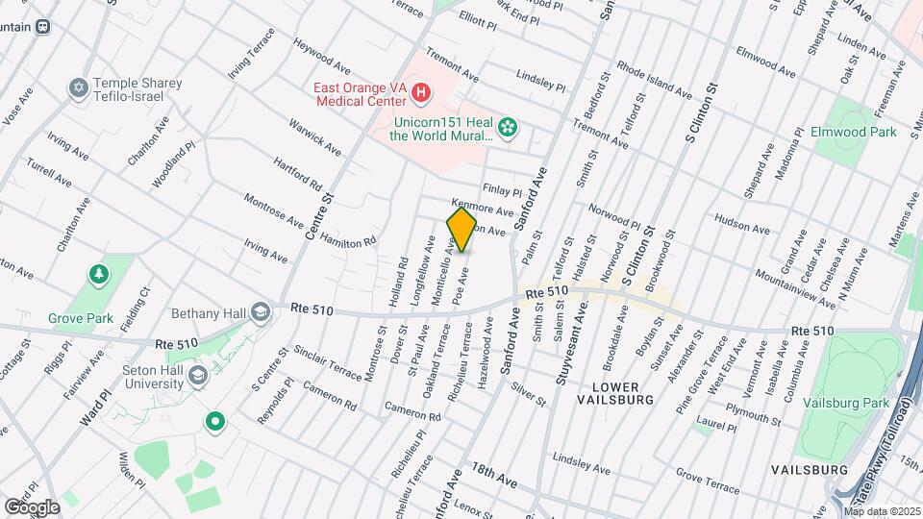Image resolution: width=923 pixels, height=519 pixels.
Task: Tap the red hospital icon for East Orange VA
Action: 420,93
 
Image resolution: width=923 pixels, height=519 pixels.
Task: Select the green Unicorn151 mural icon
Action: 510,126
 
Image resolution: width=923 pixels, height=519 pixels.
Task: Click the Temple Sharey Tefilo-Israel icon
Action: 78,88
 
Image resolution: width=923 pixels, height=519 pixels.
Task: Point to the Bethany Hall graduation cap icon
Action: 260,312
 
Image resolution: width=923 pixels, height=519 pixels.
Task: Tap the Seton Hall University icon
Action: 199,375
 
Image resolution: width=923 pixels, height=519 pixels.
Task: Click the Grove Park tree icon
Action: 98,276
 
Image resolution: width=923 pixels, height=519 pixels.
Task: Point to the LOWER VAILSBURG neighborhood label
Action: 616,391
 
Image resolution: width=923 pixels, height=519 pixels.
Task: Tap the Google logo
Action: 32,507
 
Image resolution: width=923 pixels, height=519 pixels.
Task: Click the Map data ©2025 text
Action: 881,511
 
